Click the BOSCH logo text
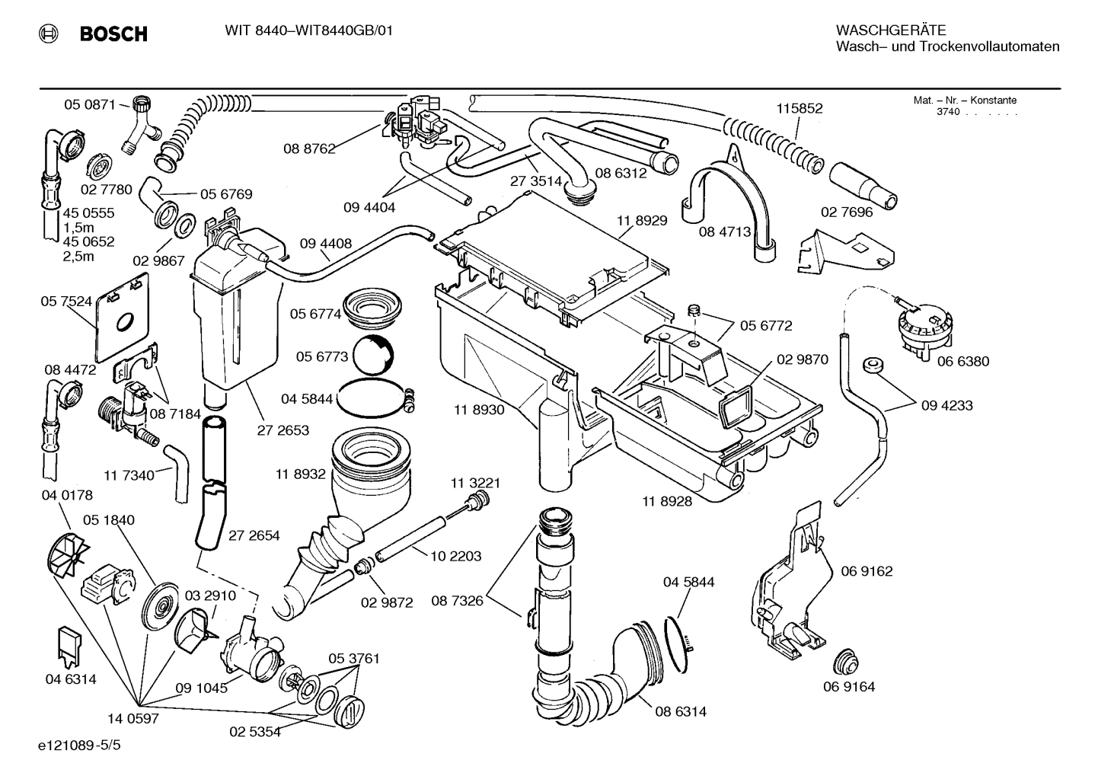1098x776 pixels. tap(113, 34)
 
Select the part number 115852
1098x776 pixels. tap(799, 109)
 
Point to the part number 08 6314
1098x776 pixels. tap(680, 712)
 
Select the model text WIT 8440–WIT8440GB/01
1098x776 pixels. tap(308, 30)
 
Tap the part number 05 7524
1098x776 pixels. tap(66, 302)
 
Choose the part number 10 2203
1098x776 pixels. tap(455, 557)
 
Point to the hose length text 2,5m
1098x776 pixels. tap(78, 257)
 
